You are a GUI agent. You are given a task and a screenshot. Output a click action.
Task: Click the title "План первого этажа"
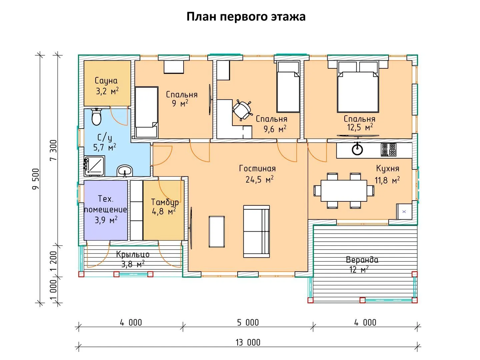[246, 17]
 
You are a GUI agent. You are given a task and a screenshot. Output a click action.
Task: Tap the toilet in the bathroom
[96, 117]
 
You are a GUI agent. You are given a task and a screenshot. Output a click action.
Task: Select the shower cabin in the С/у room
[94, 166]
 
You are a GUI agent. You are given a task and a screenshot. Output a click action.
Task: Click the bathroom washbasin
[125, 170]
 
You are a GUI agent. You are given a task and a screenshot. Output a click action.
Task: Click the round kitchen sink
[357, 150]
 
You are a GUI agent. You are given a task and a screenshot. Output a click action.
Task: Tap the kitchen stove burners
[389, 150]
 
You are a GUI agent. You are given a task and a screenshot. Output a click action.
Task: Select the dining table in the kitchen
[344, 190]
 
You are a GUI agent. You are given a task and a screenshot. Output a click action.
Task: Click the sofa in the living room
[256, 231]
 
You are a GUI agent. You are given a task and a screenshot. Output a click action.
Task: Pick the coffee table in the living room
[216, 232]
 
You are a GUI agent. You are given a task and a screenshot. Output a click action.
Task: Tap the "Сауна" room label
[106, 81]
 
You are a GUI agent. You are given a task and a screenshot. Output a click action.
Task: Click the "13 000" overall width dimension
[248, 343]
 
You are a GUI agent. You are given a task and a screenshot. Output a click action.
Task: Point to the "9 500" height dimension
[36, 179]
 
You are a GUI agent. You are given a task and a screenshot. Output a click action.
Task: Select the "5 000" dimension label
[248, 323]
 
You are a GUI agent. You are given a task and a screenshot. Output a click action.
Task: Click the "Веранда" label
[362, 260]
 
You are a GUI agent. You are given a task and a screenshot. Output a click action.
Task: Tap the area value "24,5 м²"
[259, 179]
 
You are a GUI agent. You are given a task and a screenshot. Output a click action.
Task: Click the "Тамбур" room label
[165, 202]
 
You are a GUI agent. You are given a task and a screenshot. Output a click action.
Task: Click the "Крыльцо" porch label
[133, 254]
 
